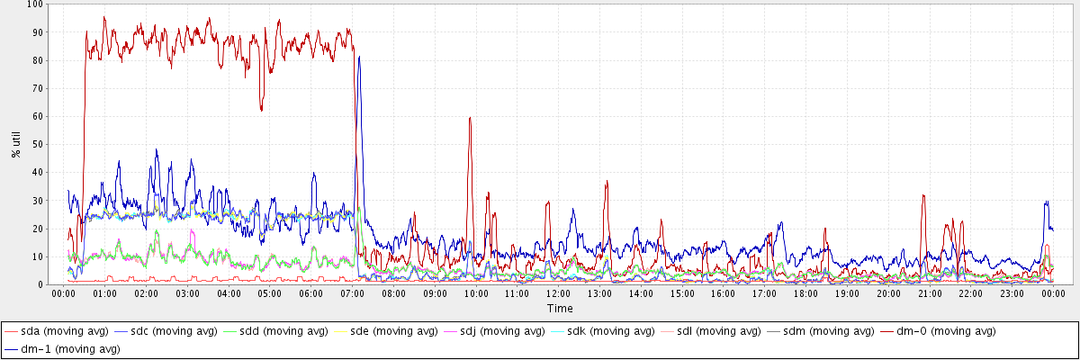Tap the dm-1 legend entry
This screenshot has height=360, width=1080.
[x=64, y=348]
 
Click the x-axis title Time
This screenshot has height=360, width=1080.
[x=559, y=308]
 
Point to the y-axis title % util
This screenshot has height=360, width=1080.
[x=16, y=144]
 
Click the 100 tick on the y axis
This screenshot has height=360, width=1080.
[x=36, y=4]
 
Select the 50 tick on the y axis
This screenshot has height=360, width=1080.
[x=39, y=144]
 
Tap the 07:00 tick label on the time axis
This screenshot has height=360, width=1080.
[x=352, y=293]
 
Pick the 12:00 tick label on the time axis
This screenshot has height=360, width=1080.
[x=558, y=293]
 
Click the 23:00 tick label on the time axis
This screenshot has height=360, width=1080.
[x=1012, y=293]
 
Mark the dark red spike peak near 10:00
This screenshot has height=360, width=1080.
[x=470, y=117]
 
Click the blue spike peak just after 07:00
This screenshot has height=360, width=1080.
[x=359, y=57]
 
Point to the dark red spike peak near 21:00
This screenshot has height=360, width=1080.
[x=923, y=195]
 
